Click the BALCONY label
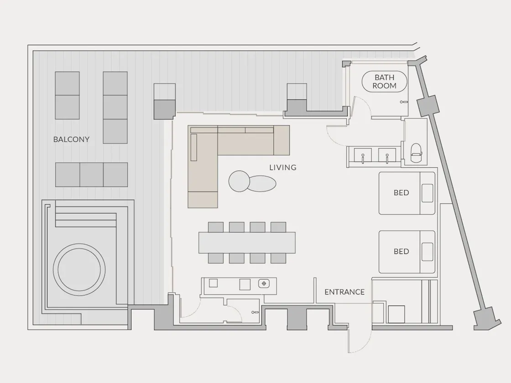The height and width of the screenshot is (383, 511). (x=71, y=140)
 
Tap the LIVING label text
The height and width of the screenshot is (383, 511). (x=283, y=167)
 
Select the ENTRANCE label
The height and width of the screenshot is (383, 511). (x=344, y=292)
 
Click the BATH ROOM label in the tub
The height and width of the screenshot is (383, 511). (x=385, y=82)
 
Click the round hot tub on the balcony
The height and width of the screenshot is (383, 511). (x=79, y=269)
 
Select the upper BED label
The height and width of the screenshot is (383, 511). (x=401, y=193)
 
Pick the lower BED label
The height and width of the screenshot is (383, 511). (x=401, y=251)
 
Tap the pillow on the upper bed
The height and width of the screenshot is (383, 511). (x=428, y=193)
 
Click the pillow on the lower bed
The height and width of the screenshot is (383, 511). (x=428, y=252)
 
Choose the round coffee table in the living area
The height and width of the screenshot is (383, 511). (x=239, y=181)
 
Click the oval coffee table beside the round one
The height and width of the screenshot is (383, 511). (x=263, y=183)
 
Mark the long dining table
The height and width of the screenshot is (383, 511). (x=247, y=243)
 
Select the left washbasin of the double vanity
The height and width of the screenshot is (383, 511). (x=363, y=155)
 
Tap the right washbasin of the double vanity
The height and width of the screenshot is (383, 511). (x=387, y=155)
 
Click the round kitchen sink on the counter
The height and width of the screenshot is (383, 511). (x=264, y=284)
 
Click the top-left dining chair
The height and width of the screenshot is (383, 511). (x=216, y=227)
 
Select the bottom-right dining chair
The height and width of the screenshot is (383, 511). (x=278, y=258)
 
